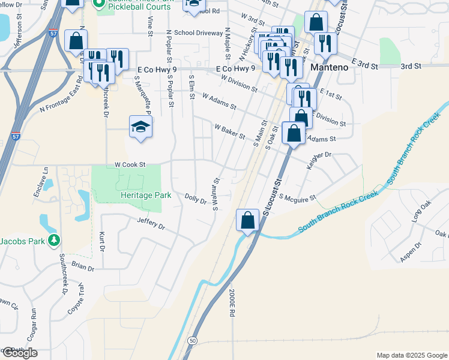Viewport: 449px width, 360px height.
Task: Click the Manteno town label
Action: (330, 68)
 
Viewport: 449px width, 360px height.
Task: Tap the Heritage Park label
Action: (145, 196)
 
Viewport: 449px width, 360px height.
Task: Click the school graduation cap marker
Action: (140, 127)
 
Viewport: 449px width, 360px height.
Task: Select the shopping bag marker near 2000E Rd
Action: (247, 220)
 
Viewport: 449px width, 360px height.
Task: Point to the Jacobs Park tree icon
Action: (55, 241)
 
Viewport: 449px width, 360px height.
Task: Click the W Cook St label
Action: (130, 164)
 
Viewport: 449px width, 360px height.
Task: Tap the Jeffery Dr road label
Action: (151, 224)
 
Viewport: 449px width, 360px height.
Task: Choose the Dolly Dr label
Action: (196, 197)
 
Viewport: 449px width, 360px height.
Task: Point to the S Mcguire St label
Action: (297, 198)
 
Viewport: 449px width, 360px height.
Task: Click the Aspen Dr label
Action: (410, 254)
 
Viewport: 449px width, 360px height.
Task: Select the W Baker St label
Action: (230, 131)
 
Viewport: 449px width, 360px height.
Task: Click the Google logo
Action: (20, 352)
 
